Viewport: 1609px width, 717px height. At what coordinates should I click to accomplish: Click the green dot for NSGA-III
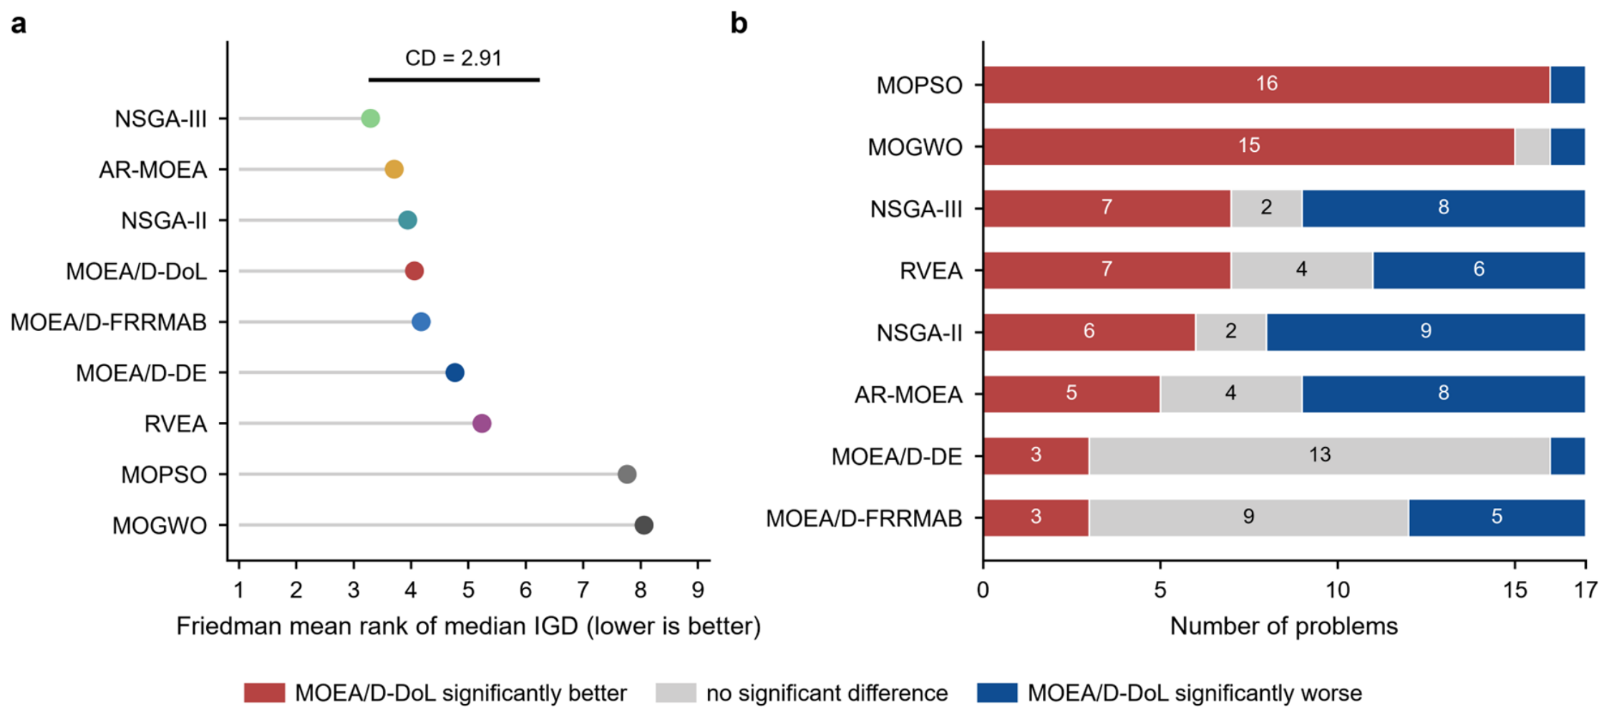pos(370,118)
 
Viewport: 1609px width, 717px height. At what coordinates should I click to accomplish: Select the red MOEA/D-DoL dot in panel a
pos(414,271)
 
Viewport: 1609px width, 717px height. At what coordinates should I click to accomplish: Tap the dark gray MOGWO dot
pos(643,525)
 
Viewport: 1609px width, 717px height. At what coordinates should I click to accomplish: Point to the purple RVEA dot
pos(482,423)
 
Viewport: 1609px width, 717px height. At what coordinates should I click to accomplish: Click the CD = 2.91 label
pos(453,58)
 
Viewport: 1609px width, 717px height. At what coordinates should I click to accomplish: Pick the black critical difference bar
pos(454,80)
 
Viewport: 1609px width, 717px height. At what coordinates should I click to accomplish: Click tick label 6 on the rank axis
pos(525,590)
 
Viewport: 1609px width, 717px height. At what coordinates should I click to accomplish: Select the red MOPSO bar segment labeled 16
pos(1266,85)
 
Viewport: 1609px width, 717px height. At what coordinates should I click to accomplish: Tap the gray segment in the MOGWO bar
pos(1532,147)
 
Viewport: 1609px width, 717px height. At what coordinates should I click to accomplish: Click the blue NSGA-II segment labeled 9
pos(1426,332)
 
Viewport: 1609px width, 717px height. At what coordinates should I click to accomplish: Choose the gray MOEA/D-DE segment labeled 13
pos(1319,456)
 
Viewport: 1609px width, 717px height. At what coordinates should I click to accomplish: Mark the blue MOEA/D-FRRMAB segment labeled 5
pos(1497,517)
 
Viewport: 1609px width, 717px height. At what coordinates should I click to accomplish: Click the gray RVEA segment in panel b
pos(1301,270)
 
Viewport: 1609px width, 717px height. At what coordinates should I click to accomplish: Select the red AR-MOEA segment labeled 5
pos(1071,394)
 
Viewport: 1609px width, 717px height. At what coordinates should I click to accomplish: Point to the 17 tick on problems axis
pos(1585,590)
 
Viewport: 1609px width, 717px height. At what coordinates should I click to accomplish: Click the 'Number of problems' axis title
pos(1283,626)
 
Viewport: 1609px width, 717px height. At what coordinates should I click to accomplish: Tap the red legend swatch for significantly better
pos(264,693)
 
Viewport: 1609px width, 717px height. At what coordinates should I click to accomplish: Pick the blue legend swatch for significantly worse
pos(997,693)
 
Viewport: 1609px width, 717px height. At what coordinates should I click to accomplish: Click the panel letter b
pos(739,23)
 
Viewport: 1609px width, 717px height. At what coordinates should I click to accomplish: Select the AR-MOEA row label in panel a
pos(152,170)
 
